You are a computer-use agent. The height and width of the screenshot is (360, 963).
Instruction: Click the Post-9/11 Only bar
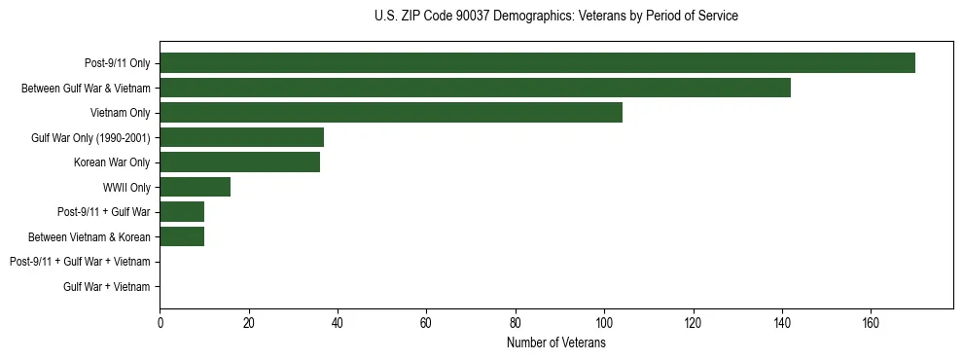click(537, 63)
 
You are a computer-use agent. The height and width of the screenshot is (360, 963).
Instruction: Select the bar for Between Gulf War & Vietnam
click(475, 88)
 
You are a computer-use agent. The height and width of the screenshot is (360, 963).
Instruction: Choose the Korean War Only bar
click(239, 162)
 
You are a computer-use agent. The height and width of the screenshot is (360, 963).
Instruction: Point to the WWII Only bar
click(195, 187)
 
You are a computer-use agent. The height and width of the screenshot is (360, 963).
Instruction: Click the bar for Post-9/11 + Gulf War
click(182, 212)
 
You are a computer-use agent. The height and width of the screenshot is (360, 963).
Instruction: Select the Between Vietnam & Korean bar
click(182, 236)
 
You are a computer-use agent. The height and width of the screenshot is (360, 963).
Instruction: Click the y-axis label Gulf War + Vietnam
click(107, 287)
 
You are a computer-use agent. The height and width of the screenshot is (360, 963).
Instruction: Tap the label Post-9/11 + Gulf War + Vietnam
click(80, 262)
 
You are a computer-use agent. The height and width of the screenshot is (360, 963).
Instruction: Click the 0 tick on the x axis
click(160, 324)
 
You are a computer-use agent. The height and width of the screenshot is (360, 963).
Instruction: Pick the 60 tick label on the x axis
click(426, 324)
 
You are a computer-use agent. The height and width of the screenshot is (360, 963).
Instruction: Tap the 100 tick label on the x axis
click(604, 324)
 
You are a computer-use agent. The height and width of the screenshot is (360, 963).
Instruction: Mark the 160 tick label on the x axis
click(871, 324)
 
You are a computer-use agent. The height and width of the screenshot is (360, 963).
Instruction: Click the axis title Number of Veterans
click(556, 343)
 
